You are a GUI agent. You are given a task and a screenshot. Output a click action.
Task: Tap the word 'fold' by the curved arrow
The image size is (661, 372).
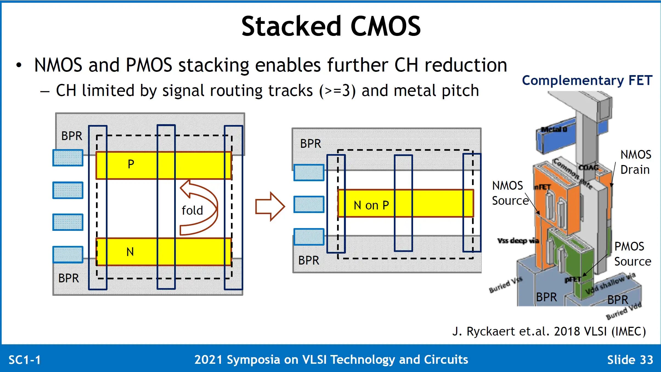192,211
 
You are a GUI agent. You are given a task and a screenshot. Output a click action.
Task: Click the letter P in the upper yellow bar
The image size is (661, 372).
131,164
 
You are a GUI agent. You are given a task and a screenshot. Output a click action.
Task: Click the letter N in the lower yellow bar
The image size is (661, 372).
130,252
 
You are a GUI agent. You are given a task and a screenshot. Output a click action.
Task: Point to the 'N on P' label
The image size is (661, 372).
371,205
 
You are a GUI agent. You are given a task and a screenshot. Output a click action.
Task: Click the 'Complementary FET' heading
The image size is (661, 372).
587,80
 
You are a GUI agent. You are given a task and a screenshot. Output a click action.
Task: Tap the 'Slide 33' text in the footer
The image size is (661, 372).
630,360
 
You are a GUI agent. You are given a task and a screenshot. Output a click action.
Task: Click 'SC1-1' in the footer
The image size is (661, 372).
25,360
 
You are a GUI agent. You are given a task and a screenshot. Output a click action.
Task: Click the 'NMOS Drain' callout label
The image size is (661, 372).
635,162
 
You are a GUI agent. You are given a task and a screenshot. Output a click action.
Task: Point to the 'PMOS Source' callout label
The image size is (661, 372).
632,254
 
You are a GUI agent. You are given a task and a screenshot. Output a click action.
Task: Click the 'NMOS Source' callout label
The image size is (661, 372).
510,193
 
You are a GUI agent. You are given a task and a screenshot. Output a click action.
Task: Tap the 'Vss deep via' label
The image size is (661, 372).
518,241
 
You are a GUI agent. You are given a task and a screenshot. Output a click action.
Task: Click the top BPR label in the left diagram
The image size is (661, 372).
72,136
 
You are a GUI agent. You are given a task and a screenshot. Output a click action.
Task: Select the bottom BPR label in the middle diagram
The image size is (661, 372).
309,260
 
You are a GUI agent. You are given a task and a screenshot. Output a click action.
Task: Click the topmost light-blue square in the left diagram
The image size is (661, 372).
68,158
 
